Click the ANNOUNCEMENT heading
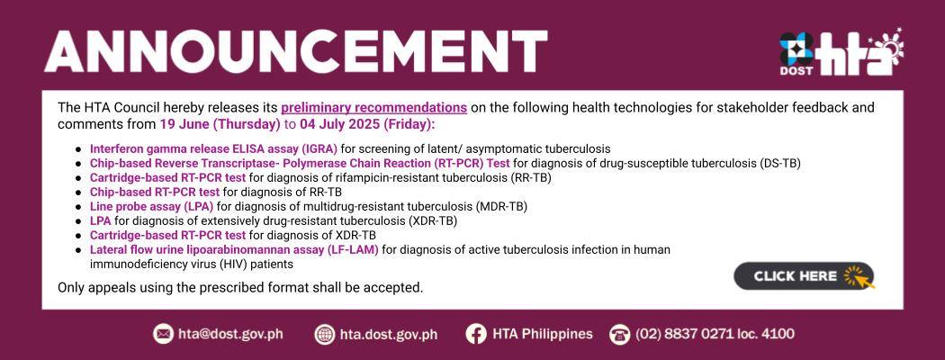click(x=295, y=51)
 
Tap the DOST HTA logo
click(x=841, y=52)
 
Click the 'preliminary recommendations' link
click(x=373, y=108)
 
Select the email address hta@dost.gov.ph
click(x=230, y=334)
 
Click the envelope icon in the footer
click(x=163, y=334)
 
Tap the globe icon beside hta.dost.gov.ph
click(x=325, y=334)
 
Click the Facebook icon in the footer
click(x=476, y=334)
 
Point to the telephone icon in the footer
click(x=619, y=334)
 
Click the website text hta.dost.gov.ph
click(x=389, y=334)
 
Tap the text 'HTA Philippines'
click(x=543, y=334)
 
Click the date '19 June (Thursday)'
click(x=220, y=125)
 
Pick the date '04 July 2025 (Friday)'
click(x=366, y=125)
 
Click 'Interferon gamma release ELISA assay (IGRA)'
click(x=214, y=148)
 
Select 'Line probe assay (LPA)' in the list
click(x=152, y=206)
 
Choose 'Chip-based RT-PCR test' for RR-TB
click(x=155, y=192)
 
